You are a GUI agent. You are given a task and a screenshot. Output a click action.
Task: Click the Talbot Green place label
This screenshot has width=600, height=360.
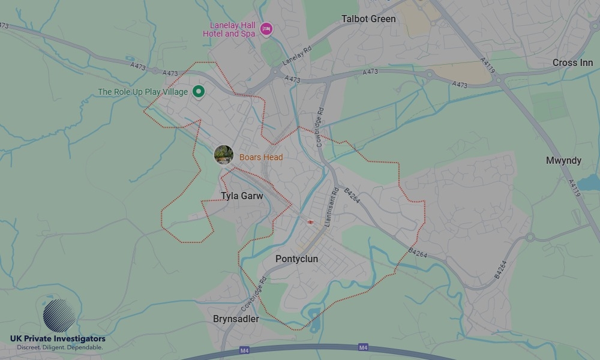pos(368,19)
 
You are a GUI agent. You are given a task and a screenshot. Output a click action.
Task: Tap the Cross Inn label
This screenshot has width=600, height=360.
pos(572,63)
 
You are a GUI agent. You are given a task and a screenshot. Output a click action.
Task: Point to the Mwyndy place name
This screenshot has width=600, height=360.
pos(563,161)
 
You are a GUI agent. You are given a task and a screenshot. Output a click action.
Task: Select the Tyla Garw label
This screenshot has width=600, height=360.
pos(242,196)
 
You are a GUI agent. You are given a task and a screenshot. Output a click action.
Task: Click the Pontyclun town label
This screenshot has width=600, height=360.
pos(296,259)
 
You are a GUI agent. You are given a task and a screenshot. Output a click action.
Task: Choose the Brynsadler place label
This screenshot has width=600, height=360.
pos(236,319)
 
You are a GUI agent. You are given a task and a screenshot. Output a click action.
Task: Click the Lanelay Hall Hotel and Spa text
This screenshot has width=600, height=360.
pos(232,29)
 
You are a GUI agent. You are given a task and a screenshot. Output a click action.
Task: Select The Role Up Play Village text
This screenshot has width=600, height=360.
pos(143,92)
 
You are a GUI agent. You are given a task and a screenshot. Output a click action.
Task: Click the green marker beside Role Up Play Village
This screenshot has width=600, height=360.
pos(199,92)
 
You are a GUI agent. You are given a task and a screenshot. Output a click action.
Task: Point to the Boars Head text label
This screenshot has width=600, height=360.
pos(260,157)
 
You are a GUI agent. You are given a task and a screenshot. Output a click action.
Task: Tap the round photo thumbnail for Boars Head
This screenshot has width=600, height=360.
pos(224,155)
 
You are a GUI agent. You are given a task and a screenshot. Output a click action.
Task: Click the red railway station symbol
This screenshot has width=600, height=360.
pos(310,223)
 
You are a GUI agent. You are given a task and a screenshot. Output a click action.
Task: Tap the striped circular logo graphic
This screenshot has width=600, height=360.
pos(59,316)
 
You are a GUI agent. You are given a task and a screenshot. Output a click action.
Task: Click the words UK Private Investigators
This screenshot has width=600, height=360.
pos(58,339)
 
